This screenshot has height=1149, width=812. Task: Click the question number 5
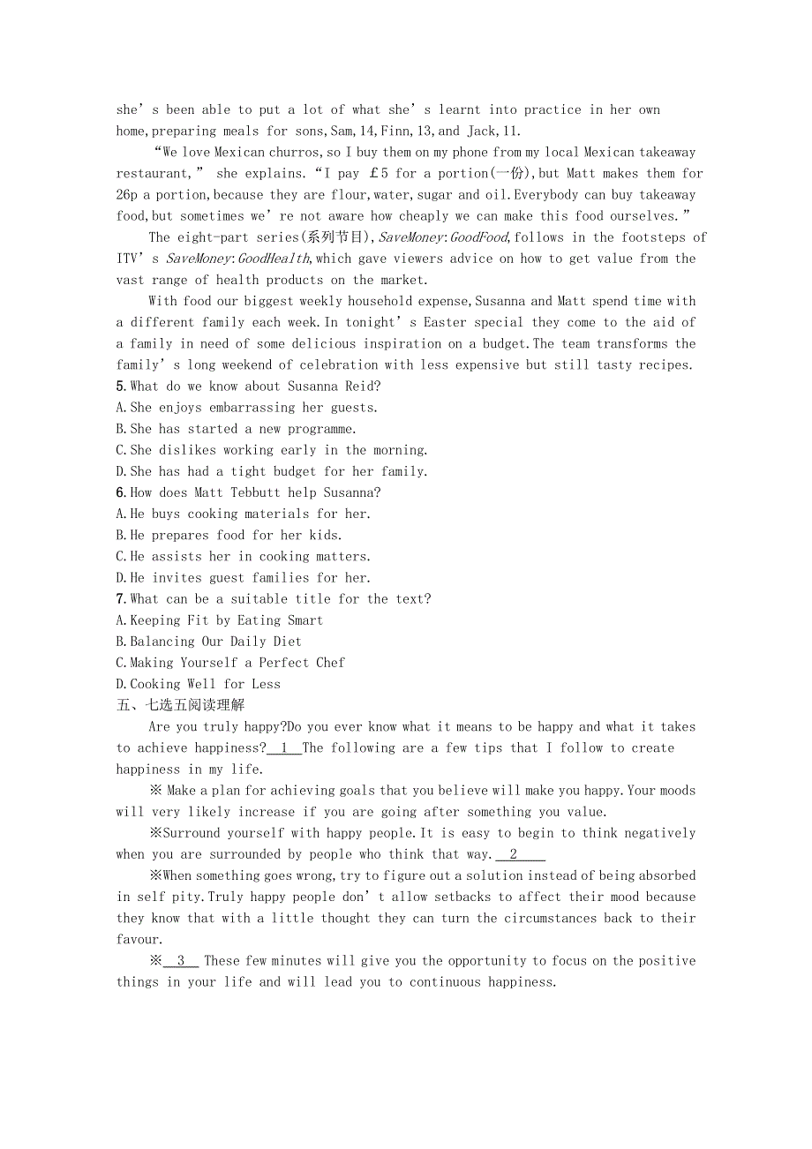click(121, 387)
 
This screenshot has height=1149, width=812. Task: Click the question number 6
click(121, 492)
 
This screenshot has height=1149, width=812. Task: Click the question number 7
click(121, 599)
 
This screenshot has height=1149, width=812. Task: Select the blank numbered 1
click(284, 748)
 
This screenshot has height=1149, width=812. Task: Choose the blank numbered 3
click(181, 961)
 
